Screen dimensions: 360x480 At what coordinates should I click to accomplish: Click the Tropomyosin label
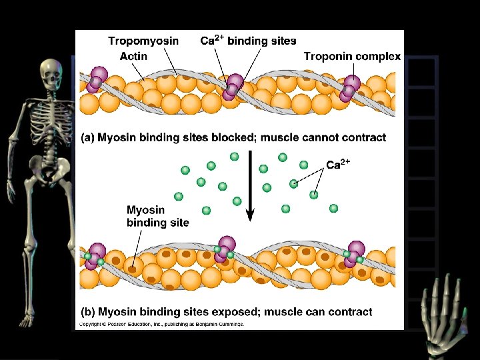pyautogui.click(x=143, y=41)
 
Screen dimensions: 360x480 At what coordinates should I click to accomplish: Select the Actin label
pyautogui.click(x=133, y=57)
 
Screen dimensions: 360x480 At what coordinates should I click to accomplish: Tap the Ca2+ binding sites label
pyautogui.click(x=248, y=41)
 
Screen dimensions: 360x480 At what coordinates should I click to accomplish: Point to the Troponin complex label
pyautogui.click(x=352, y=57)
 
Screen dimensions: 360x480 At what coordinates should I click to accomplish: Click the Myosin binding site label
pyautogui.click(x=158, y=217)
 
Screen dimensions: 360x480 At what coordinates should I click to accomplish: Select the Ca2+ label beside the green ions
pyautogui.click(x=338, y=164)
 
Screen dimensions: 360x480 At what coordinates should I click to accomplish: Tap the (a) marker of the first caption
pyautogui.click(x=87, y=138)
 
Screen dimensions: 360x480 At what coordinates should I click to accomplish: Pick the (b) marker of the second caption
pyautogui.click(x=87, y=312)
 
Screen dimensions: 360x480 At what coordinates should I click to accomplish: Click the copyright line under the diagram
pyautogui.click(x=162, y=325)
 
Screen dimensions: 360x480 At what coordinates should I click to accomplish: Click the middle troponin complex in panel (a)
pyautogui.click(x=233, y=86)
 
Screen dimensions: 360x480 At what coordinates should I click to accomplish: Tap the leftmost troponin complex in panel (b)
pyautogui.click(x=94, y=255)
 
